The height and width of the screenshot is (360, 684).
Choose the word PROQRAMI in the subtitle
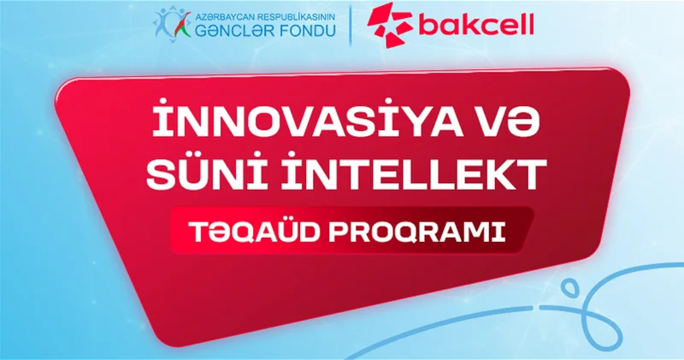tap(417, 233)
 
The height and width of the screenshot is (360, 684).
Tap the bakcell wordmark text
tap(476, 25)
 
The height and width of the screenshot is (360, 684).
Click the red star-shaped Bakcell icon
tap(389, 24)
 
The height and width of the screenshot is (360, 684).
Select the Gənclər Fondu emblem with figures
tap(172, 25)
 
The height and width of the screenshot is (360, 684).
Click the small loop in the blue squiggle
tap(569, 288)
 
